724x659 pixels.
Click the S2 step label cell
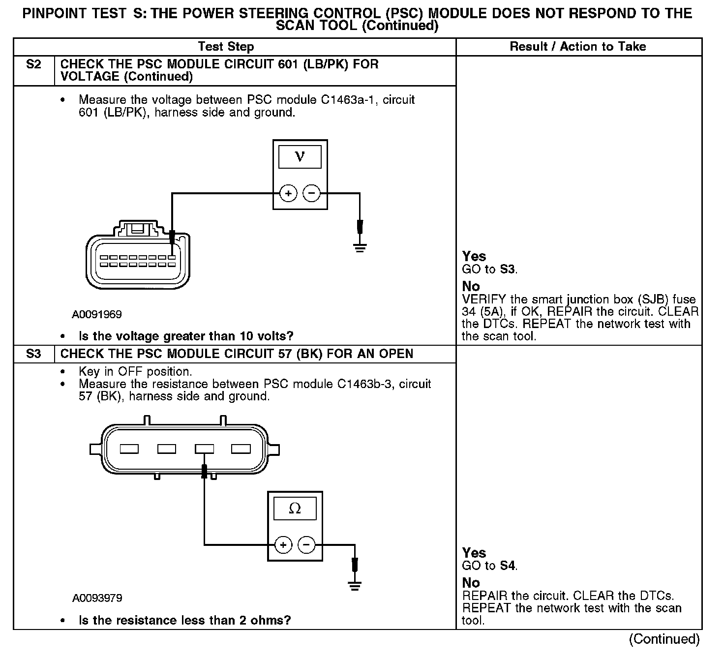(x=33, y=65)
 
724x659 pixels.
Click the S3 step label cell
(x=33, y=354)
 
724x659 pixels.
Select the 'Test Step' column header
(x=226, y=47)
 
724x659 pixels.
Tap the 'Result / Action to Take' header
(x=578, y=47)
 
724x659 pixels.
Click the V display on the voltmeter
(x=300, y=157)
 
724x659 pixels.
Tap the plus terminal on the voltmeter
(x=288, y=194)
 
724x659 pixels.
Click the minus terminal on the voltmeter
(x=311, y=194)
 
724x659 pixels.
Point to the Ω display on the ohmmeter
(x=295, y=509)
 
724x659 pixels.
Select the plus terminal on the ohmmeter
(x=283, y=545)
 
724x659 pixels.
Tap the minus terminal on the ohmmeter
(x=306, y=545)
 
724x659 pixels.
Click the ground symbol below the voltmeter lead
(x=360, y=247)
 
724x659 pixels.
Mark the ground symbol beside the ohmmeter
(x=354, y=585)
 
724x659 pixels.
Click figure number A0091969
(x=96, y=314)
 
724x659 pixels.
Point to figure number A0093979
(x=97, y=598)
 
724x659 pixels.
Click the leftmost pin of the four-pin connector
(x=129, y=449)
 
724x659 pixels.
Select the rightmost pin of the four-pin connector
(x=241, y=449)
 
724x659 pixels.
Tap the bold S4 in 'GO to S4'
(x=508, y=566)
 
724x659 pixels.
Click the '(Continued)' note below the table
(x=664, y=639)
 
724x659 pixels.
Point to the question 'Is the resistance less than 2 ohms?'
(x=184, y=620)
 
